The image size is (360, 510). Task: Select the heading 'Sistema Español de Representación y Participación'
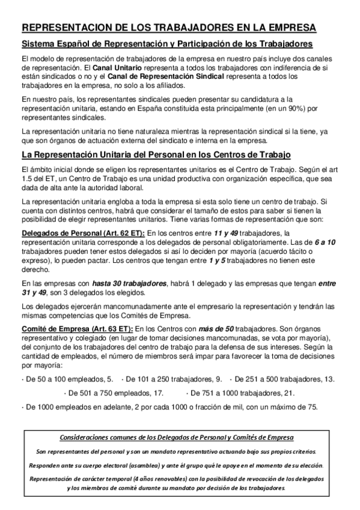(x=167, y=45)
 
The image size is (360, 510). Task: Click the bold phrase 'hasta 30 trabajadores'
(x=130, y=283)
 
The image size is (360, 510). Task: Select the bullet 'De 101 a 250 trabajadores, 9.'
(x=172, y=379)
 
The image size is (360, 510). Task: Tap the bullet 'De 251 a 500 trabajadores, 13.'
(x=282, y=379)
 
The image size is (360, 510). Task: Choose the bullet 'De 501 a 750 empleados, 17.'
(x=114, y=393)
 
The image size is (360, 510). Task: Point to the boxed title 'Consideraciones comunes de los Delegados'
(x=178, y=437)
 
